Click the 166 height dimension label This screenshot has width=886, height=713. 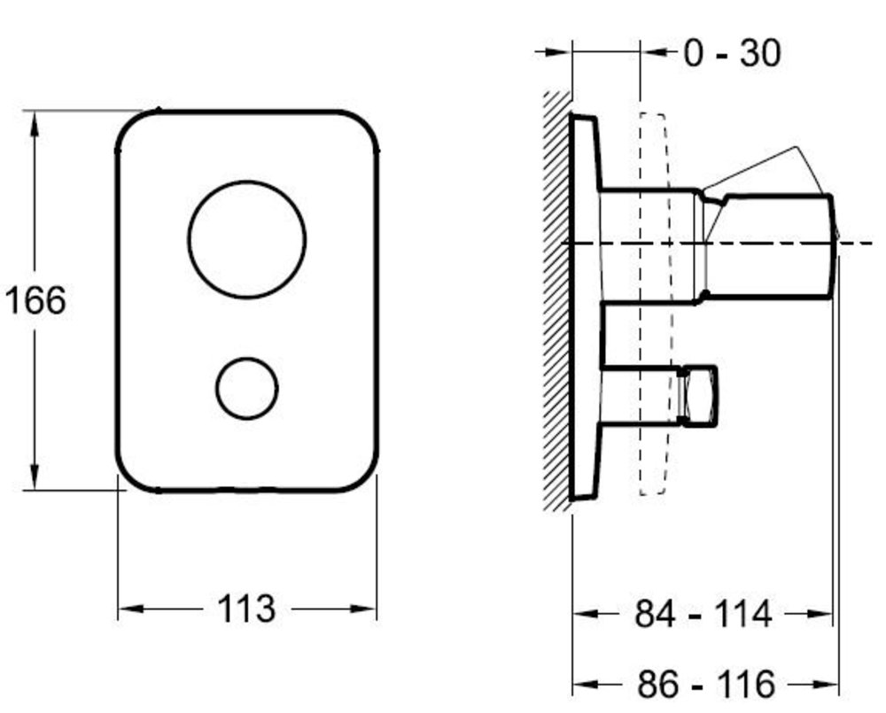pyautogui.click(x=35, y=300)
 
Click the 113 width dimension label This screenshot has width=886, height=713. pyautogui.click(x=246, y=608)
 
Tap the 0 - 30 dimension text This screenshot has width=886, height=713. pyautogui.click(x=733, y=54)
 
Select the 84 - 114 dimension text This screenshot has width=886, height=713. pyautogui.click(x=703, y=614)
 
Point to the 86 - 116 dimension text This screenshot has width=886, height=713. pyautogui.click(x=706, y=684)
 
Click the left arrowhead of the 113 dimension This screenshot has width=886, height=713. pyautogui.click(x=131, y=608)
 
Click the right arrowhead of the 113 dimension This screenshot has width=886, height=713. pyautogui.click(x=363, y=608)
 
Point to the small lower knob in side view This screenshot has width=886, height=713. pyautogui.click(x=700, y=395)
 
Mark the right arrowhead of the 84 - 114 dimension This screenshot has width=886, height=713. pyautogui.click(x=820, y=614)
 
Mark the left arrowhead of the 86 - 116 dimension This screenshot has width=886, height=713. pyautogui.click(x=586, y=684)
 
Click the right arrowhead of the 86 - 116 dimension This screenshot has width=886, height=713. pyautogui.click(x=826, y=684)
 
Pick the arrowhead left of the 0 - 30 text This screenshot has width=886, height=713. pyautogui.click(x=654, y=52)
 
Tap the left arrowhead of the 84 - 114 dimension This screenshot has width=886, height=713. pyautogui.click(x=586, y=614)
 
